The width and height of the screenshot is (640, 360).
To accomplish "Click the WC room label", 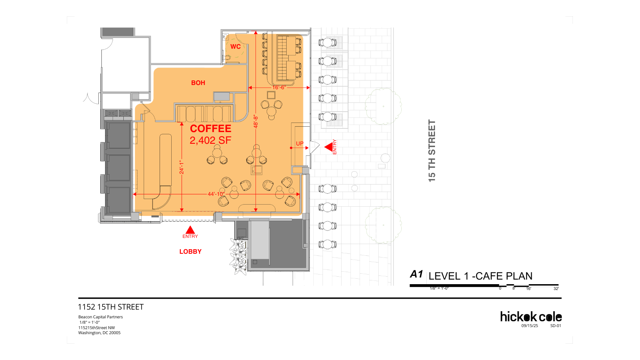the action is pos(235,47).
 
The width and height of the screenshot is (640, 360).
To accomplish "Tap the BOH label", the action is pos(198,83).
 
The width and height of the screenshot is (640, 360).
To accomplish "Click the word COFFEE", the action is pos(210,129).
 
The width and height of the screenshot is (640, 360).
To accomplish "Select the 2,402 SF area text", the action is pos(210,140).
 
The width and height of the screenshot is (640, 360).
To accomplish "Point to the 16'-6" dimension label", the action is pos(279,87).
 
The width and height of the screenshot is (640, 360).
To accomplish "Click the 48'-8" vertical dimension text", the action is pos(256,122).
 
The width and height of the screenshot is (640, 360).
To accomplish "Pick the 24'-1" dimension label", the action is pos(181,167).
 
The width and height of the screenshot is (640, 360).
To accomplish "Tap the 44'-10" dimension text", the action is pos(216,194).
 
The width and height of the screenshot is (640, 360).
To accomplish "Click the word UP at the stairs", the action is pos(300,143).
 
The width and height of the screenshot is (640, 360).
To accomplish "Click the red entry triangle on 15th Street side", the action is pos(329,147).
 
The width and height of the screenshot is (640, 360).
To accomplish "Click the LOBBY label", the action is pos(190,252).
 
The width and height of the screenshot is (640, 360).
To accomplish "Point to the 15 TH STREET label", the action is pos(432,151).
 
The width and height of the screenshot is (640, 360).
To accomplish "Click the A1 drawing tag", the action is pos(416,274).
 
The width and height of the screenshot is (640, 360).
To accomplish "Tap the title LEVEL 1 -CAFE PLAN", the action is pos(480,276).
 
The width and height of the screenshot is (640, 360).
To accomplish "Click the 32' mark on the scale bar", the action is pos(556,289).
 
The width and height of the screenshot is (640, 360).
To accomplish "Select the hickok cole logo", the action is pos(531,317).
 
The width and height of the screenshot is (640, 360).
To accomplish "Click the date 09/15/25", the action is pos(530,326).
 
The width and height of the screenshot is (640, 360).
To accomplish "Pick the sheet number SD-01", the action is pos(556,326).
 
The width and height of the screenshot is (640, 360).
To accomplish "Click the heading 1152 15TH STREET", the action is pos(111,307).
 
